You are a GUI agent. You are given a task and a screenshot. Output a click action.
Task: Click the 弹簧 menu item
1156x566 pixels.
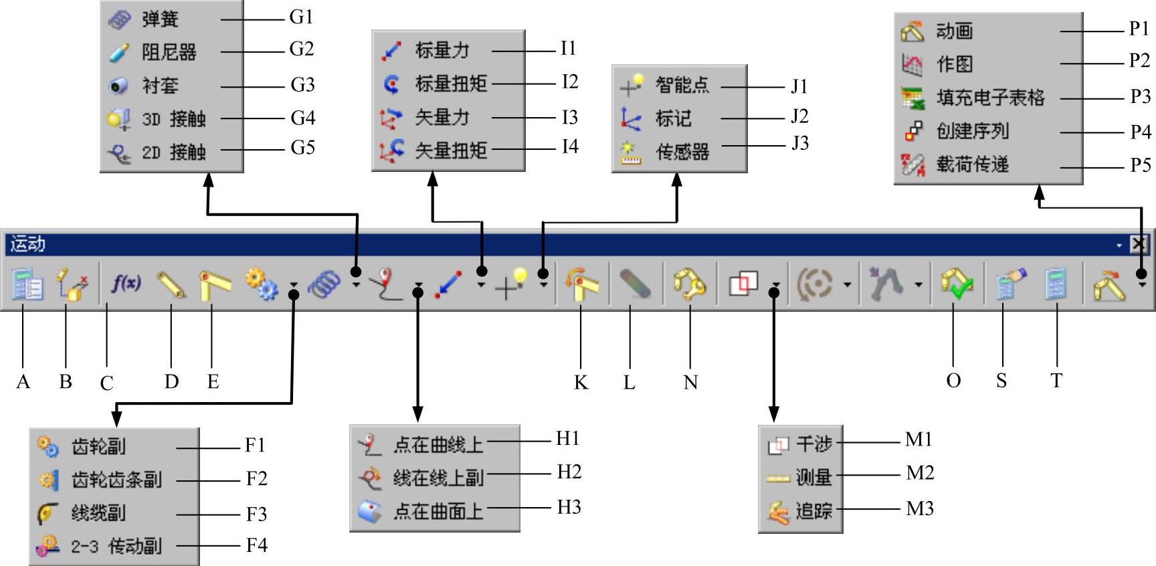(160, 19)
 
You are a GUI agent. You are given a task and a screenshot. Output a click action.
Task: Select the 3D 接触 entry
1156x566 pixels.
(173, 119)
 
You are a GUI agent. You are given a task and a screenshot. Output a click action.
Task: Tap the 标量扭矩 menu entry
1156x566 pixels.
(450, 84)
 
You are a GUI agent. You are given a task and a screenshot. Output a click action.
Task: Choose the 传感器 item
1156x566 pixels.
(682, 152)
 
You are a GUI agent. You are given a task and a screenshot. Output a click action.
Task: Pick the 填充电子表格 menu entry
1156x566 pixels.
(989, 98)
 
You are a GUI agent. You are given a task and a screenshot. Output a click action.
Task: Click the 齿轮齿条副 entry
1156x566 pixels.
(116, 480)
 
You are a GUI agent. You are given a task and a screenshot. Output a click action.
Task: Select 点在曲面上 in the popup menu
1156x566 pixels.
(438, 512)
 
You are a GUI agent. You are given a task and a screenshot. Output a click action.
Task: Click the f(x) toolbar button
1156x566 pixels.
(126, 284)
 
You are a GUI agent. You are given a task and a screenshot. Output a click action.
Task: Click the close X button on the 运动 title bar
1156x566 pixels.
(1139, 244)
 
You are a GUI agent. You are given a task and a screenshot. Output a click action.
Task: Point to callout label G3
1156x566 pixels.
(302, 85)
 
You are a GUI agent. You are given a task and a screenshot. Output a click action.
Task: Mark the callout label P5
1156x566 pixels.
(1140, 165)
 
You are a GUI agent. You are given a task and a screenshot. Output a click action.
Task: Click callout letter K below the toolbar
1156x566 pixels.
(581, 382)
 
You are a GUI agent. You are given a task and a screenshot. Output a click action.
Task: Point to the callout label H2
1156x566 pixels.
(569, 472)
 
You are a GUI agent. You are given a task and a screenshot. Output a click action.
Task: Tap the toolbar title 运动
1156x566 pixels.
(28, 244)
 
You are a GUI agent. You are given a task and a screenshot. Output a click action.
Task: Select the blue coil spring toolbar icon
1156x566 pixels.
(324, 284)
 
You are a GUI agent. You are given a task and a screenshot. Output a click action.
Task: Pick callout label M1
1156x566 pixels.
(919, 440)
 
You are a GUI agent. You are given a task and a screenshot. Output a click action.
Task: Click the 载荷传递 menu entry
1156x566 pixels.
(972, 165)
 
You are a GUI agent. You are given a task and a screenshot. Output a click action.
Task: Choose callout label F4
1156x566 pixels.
(257, 545)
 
